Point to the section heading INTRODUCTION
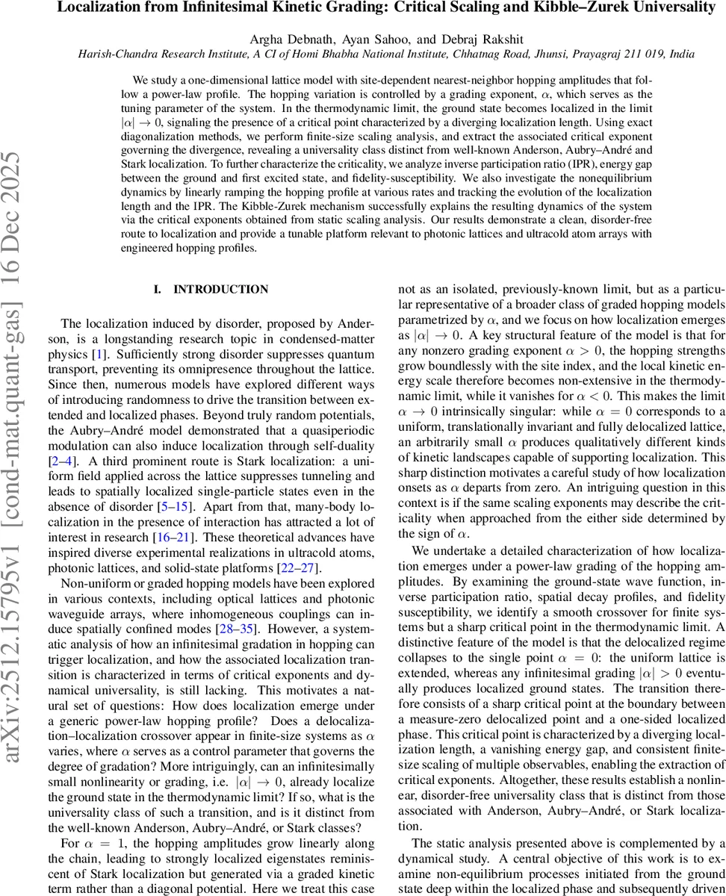[220, 289]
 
